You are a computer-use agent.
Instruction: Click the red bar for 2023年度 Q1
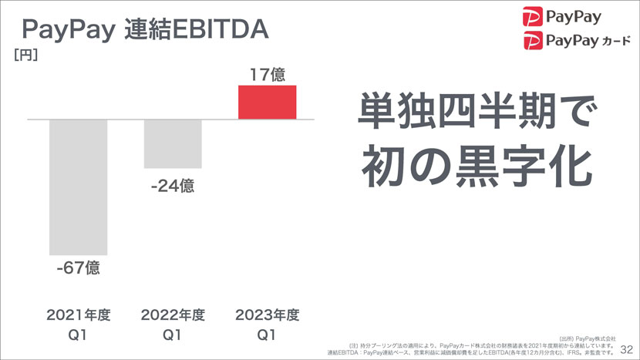pos(267,103)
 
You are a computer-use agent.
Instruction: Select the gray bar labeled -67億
pos(78,187)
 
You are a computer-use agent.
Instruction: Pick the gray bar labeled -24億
pos(173,143)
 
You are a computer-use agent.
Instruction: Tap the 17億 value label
pos(267,75)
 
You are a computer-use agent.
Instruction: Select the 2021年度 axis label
pos(79,315)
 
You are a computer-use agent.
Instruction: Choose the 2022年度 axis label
pos(173,315)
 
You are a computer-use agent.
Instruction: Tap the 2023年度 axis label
pos(267,315)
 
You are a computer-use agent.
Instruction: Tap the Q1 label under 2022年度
pos(173,335)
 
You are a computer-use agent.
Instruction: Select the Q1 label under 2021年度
pos(79,335)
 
